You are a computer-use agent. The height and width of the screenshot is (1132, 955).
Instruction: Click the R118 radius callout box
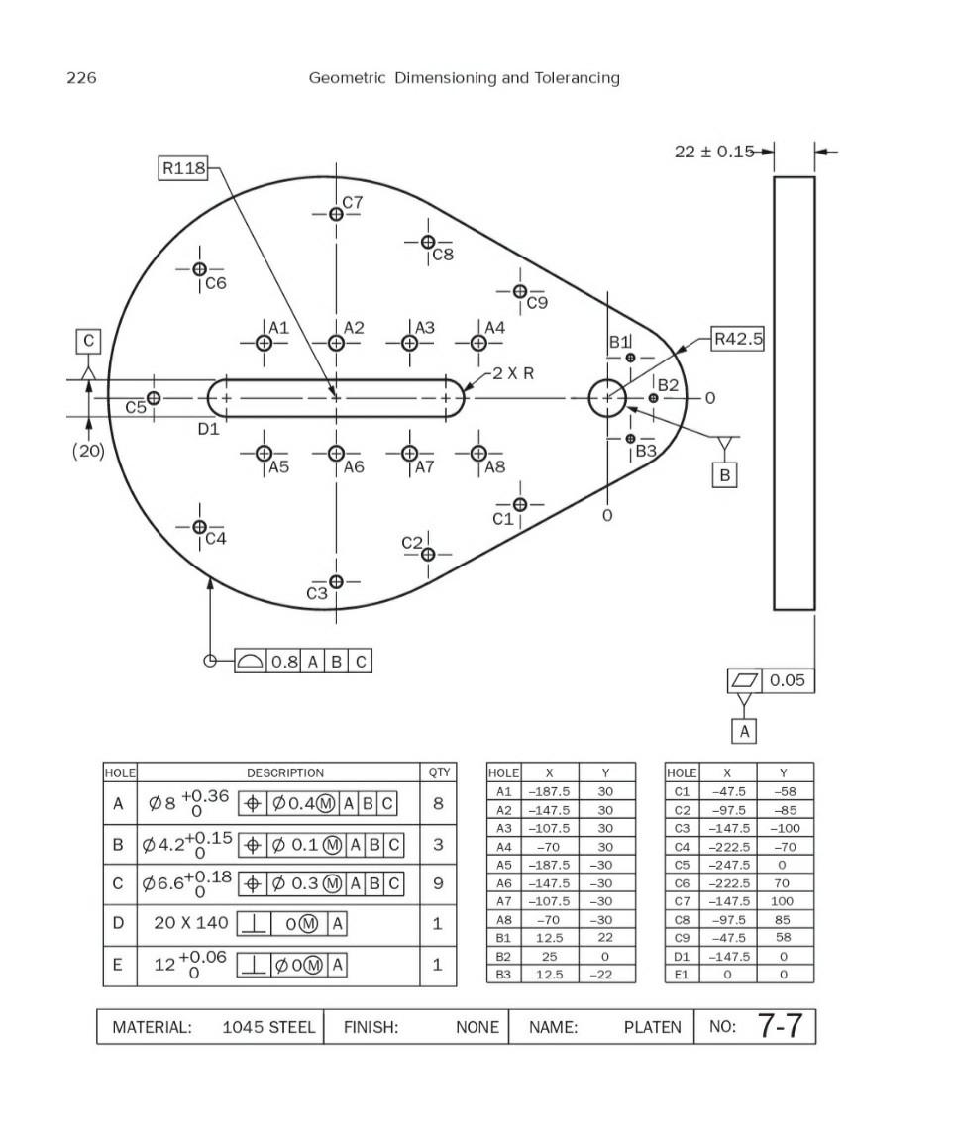[183, 168]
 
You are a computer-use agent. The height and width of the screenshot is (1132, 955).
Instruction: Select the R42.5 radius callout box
[738, 340]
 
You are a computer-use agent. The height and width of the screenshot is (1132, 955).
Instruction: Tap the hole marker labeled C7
[336, 214]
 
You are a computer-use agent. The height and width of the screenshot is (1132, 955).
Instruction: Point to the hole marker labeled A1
[264, 343]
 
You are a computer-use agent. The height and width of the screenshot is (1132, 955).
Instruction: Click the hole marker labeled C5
[154, 398]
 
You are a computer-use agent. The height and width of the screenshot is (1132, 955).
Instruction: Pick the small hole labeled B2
[653, 398]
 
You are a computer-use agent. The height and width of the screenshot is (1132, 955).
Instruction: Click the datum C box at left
[89, 341]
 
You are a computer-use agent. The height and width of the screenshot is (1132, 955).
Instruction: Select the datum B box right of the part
[725, 475]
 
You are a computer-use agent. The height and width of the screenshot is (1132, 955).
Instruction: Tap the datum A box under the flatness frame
[744, 732]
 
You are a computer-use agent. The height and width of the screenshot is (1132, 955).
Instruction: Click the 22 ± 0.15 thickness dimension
[713, 152]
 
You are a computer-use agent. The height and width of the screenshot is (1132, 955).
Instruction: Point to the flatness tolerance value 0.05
[788, 680]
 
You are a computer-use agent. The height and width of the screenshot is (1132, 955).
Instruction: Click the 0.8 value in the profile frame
[284, 662]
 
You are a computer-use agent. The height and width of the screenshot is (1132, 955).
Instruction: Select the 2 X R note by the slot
[513, 373]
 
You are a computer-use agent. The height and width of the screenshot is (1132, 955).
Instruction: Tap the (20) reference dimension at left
[88, 452]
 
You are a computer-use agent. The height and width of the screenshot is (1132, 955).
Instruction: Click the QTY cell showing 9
[437, 884]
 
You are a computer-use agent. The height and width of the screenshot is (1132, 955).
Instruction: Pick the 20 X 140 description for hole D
[191, 923]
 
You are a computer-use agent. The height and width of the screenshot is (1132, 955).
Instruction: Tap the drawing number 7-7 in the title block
[780, 1026]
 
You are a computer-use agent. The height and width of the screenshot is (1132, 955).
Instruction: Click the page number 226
[81, 78]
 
